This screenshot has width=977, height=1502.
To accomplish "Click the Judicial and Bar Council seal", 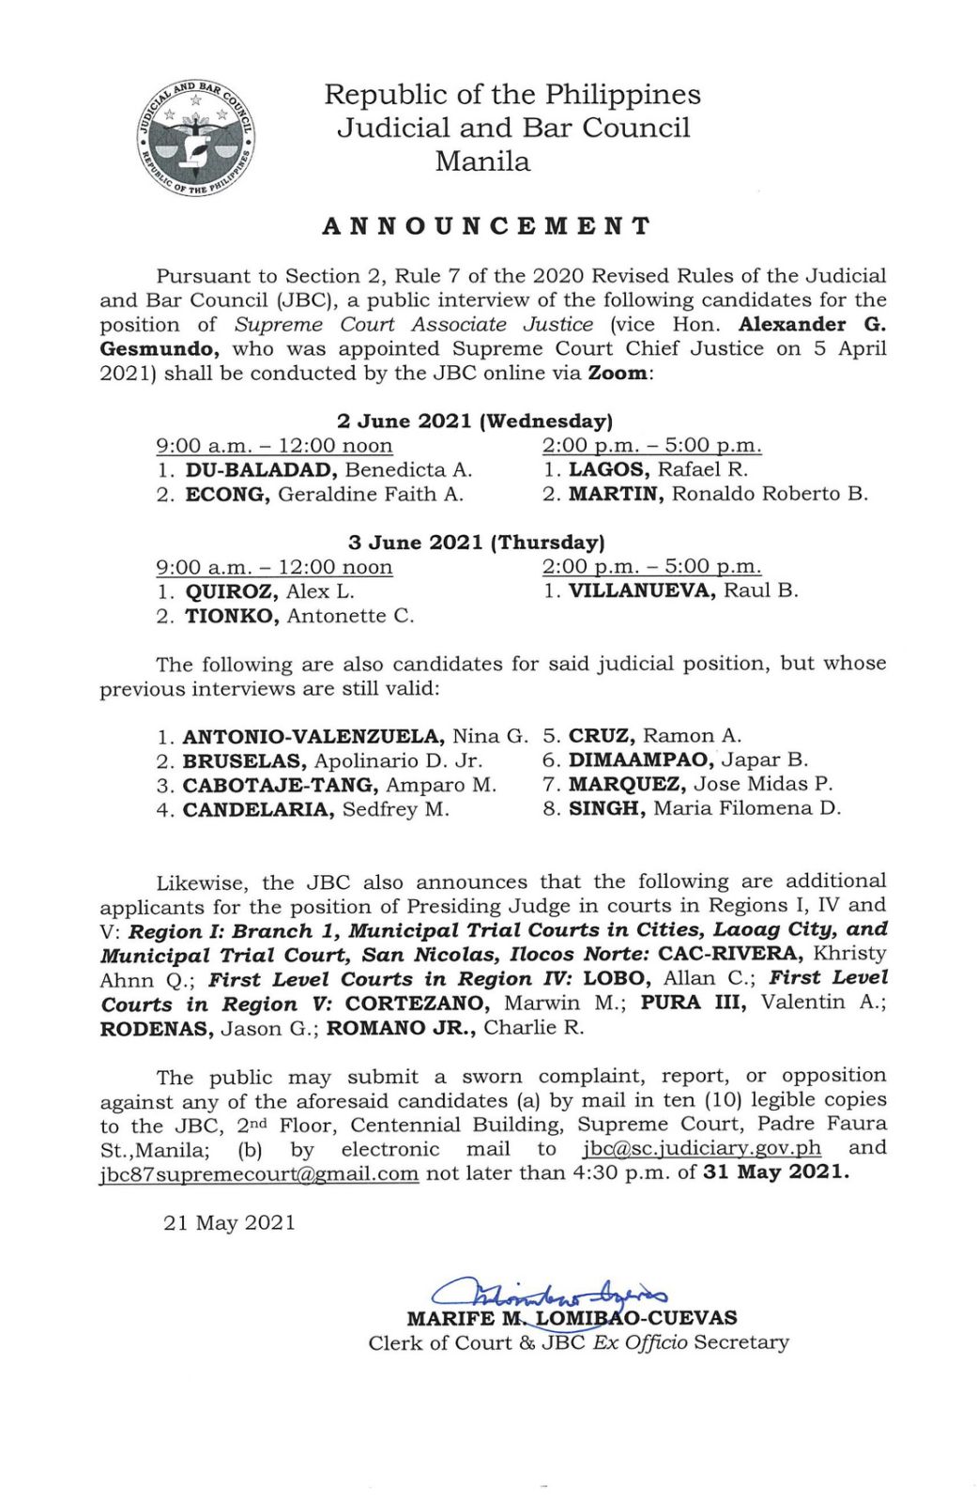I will [197, 138].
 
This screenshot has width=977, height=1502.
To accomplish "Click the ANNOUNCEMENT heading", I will [486, 226].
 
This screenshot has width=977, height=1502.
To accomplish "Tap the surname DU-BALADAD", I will [260, 469].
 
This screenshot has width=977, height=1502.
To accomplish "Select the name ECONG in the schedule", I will [226, 494].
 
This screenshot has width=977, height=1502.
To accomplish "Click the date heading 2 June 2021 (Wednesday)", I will [475, 421].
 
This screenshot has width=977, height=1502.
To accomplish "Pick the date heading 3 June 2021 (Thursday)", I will [476, 542].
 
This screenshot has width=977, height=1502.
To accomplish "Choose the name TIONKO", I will [230, 616].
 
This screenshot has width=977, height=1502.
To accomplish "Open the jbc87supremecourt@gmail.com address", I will [259, 1173].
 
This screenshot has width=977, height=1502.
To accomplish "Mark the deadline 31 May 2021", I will [775, 1172].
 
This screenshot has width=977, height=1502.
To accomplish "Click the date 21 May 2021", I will [229, 1222].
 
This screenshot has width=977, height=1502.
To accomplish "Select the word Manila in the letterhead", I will [482, 161].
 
